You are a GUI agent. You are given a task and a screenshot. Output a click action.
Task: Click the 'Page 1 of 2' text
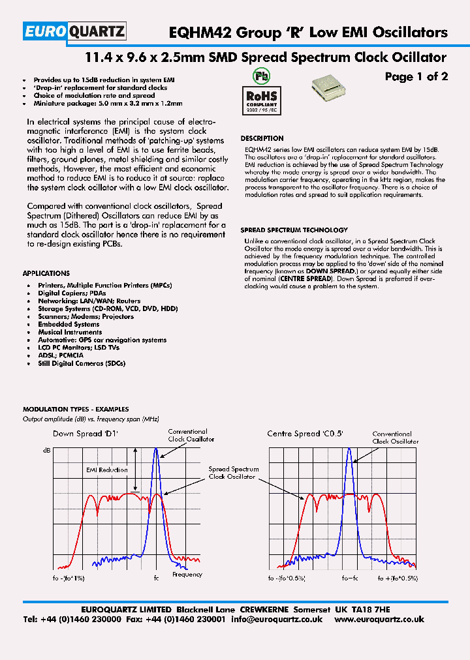(416, 77)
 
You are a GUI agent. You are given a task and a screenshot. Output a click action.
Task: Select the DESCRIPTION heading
(262, 138)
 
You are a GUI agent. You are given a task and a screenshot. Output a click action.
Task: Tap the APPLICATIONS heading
(46, 273)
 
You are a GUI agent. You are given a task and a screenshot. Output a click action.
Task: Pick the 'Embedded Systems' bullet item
(69, 324)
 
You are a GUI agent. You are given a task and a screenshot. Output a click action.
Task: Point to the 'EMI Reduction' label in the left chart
(107, 470)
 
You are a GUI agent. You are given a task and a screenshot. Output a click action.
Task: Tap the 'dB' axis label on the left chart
(46, 451)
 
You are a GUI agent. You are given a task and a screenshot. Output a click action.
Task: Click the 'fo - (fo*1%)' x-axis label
(67, 578)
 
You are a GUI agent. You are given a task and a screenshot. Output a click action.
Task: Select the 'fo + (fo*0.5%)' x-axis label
(398, 578)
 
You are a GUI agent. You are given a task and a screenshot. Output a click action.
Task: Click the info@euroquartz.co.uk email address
(277, 619)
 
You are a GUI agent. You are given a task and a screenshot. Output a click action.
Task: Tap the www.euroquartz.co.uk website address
(379, 619)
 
